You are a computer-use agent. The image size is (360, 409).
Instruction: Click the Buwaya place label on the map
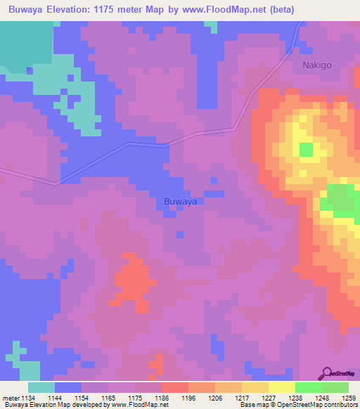pyautogui.click(x=179, y=202)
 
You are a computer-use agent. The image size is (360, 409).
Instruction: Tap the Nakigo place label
pyautogui.click(x=317, y=65)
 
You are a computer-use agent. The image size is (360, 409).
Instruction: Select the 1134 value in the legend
pyautogui.click(x=28, y=397)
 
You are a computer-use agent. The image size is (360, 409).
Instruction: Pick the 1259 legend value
pyautogui.click(x=349, y=397)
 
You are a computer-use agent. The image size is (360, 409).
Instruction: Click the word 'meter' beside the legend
pyautogui.click(x=9, y=397)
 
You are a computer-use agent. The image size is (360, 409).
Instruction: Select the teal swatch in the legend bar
pyautogui.click(x=41, y=387)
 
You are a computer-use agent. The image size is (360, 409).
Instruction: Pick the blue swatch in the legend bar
pyautogui.click(x=68, y=387)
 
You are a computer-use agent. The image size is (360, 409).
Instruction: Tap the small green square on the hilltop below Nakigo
pyautogui.click(x=306, y=150)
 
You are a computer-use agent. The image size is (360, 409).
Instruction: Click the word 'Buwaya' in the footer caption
pyautogui.click(x=14, y=405)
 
